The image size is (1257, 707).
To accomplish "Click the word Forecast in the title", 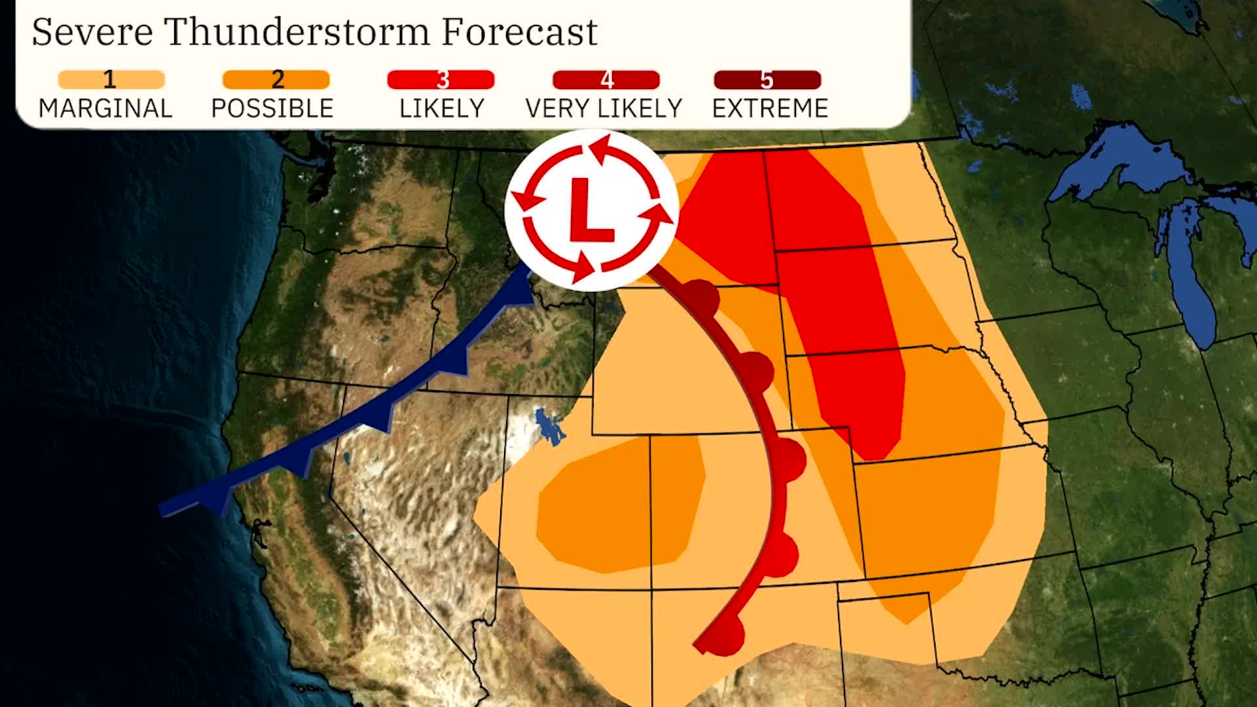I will (519, 31).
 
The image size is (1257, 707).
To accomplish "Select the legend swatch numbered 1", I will (111, 80).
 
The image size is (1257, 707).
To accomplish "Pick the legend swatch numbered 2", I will (276, 80).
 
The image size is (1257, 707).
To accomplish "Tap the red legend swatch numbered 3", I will (441, 80).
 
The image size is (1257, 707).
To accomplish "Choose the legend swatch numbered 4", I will (606, 80).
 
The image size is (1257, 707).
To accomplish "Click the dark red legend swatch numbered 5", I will (767, 80).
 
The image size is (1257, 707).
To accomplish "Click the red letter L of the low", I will (589, 209).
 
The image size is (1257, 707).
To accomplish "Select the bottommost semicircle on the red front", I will (728, 635).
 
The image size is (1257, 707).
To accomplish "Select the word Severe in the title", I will (92, 31).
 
